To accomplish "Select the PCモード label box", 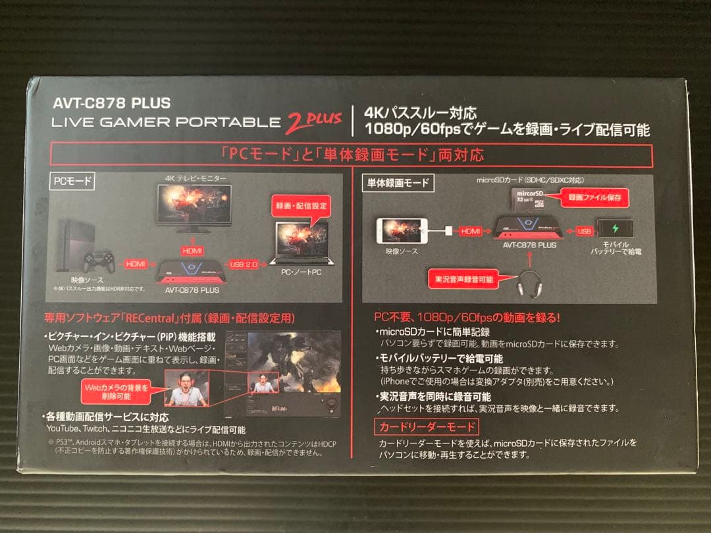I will click(x=72, y=180).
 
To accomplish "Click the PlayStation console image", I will click(x=78, y=237).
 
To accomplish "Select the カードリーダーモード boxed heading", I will click(x=427, y=426).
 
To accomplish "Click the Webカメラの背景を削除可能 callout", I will click(x=116, y=392).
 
